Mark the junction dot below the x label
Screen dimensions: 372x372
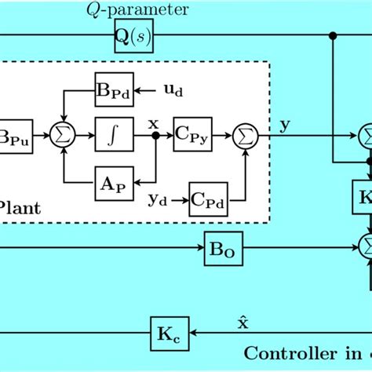coord(155,137)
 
